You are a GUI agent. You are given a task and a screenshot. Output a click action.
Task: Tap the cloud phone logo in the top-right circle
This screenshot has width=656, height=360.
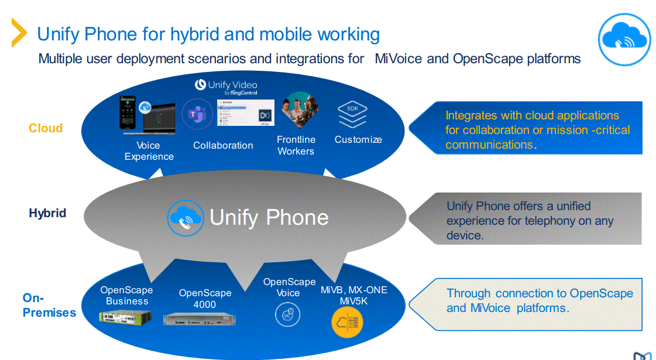point(624,39)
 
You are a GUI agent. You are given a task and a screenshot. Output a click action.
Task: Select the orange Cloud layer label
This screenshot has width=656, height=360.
point(46,128)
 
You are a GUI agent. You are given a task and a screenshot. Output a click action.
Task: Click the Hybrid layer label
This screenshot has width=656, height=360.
point(47,212)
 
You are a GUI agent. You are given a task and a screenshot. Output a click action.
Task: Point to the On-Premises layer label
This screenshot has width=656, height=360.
point(49,305)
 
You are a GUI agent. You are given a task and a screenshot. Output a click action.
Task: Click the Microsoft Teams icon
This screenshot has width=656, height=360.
point(197,114)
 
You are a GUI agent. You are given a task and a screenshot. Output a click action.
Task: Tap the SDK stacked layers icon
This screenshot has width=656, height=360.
point(352,114)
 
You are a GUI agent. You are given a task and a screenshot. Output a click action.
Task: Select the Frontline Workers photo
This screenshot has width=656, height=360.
point(300,109)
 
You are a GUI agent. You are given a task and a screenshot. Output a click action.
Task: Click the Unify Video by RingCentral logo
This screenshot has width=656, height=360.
point(226,87)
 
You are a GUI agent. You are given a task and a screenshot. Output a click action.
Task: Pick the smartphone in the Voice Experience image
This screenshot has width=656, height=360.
point(128,113)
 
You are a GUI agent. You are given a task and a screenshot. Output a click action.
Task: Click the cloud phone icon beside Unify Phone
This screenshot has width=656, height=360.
point(186,218)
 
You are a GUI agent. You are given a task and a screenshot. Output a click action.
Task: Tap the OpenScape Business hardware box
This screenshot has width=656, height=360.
point(125,317)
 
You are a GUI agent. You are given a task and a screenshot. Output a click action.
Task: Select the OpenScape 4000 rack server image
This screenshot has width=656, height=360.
point(199,320)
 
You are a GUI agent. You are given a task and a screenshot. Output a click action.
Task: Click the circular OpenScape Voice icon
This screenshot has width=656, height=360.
point(287,314)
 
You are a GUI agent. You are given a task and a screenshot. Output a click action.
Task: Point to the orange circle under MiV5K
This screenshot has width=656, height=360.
point(347,323)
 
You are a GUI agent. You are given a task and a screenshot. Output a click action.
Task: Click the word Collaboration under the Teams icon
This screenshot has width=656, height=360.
point(223,145)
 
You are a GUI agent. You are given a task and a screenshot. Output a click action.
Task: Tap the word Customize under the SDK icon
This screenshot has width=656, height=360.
point(358,139)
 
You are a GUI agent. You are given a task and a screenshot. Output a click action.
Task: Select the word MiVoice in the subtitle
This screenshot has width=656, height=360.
point(399,58)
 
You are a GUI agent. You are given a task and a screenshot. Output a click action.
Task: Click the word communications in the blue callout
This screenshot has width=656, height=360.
point(489,145)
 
